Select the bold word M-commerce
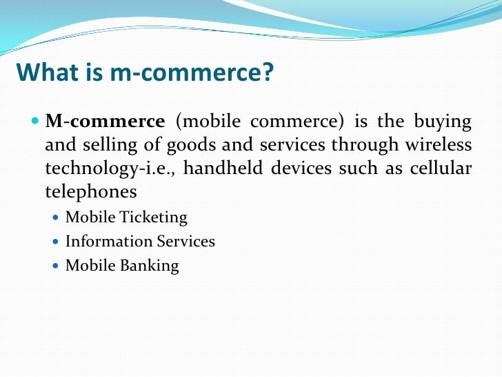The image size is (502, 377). point(105,122)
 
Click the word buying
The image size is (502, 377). point(443,122)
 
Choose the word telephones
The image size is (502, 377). point(91,191)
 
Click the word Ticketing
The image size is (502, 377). point(152,217)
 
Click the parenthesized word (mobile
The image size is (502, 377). point(208,122)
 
